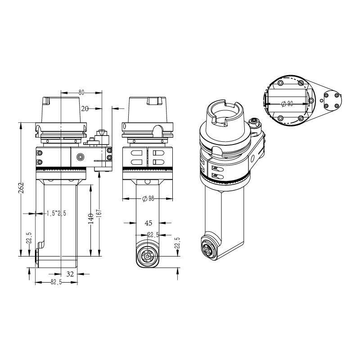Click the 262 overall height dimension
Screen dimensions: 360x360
21,188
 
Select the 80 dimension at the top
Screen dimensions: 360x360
81,93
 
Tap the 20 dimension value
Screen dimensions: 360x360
85,108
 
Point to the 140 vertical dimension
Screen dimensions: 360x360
91,218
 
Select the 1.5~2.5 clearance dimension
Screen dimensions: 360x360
56,213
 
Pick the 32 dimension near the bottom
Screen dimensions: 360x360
70,274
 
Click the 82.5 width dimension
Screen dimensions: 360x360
56,282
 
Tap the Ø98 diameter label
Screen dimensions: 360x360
148,198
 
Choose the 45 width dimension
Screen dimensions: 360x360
148,223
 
